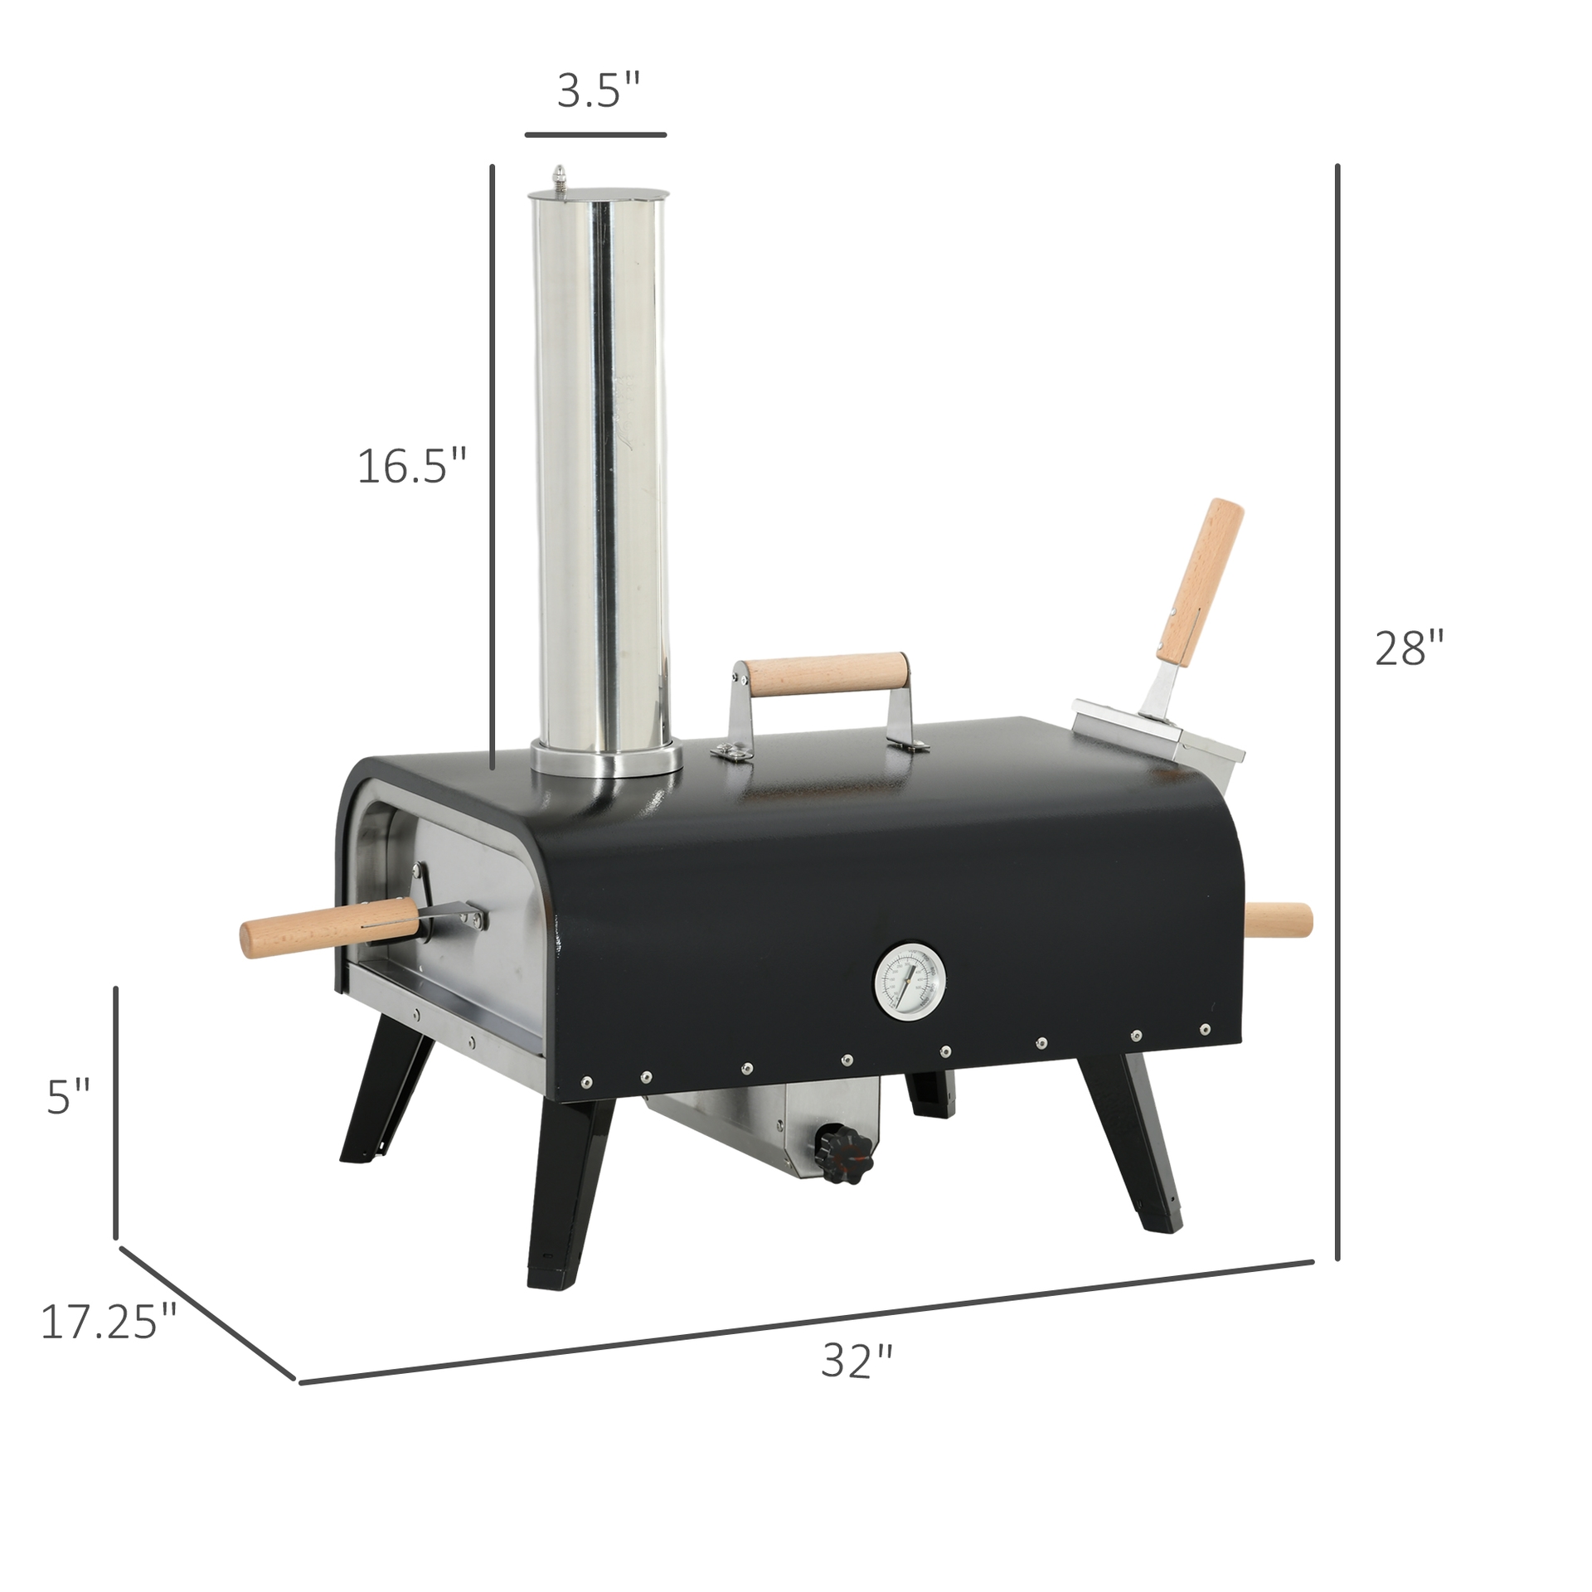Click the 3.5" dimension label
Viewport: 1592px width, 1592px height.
click(599, 91)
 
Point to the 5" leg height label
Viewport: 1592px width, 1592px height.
click(68, 1098)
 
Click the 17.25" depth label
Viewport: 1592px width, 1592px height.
click(109, 1322)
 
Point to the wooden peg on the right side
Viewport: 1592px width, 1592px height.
click(1279, 920)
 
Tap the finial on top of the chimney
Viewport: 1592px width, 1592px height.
click(561, 177)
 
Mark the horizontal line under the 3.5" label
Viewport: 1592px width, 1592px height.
click(595, 133)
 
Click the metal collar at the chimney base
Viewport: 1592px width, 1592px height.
click(607, 759)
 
